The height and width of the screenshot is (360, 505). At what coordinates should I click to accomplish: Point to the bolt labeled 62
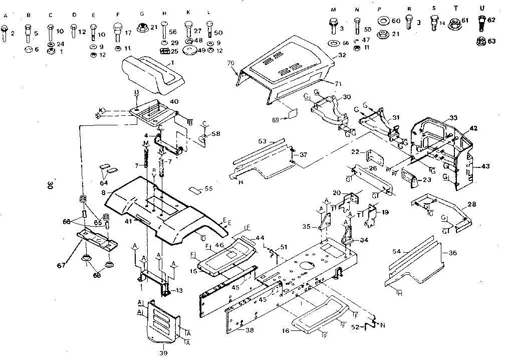click(x=480, y=23)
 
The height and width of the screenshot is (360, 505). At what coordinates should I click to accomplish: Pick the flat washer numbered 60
click(x=384, y=21)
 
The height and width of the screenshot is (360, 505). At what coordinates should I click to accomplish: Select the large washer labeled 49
click(x=190, y=50)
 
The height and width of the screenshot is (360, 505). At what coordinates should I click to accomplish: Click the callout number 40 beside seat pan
click(x=174, y=102)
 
